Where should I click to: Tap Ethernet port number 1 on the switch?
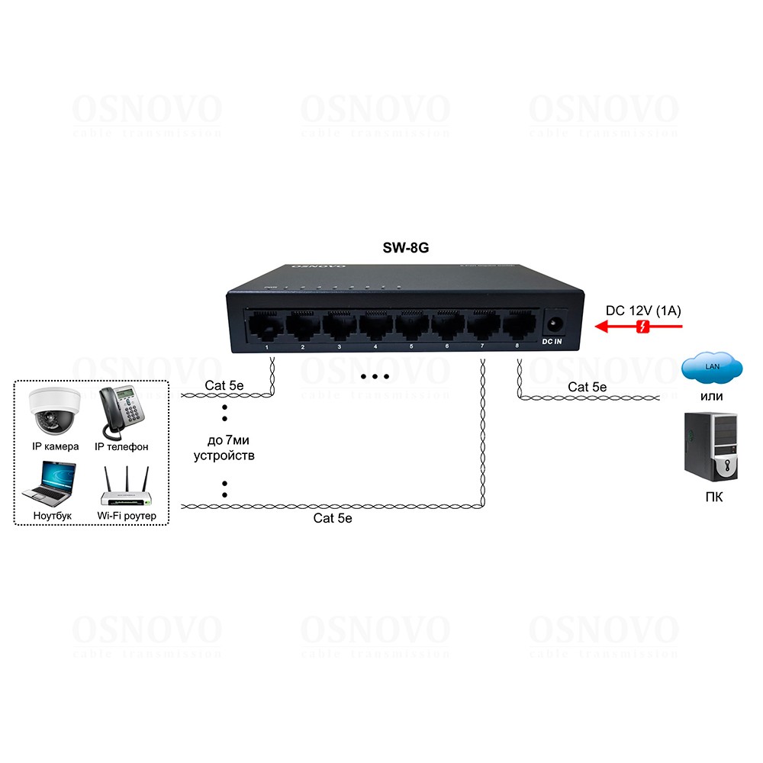pos(266,327)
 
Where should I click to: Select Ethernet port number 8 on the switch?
pos(518,326)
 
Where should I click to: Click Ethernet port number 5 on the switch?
pos(411,327)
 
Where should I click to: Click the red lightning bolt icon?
pos(643,327)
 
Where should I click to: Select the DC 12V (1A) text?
pos(643,311)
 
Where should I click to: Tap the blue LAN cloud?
pos(711,369)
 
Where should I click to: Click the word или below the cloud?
pos(711,396)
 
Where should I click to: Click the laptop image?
pos(52,483)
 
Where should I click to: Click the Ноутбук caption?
pos(53,516)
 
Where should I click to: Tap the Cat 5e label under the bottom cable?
pos(333,518)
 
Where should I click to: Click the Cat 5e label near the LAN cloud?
pos(587,388)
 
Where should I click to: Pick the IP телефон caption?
pos(121,446)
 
